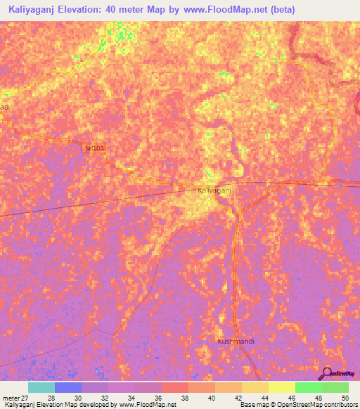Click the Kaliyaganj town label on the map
215,190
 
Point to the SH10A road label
94,148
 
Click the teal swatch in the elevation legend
41,387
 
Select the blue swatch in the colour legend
68,387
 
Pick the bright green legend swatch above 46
308,387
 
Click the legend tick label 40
211,398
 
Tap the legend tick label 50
345,398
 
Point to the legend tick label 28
51,398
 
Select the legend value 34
131,398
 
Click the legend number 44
264,398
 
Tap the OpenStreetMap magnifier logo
326,374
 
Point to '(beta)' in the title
281,10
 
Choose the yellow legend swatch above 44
281,387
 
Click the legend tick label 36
157,398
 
